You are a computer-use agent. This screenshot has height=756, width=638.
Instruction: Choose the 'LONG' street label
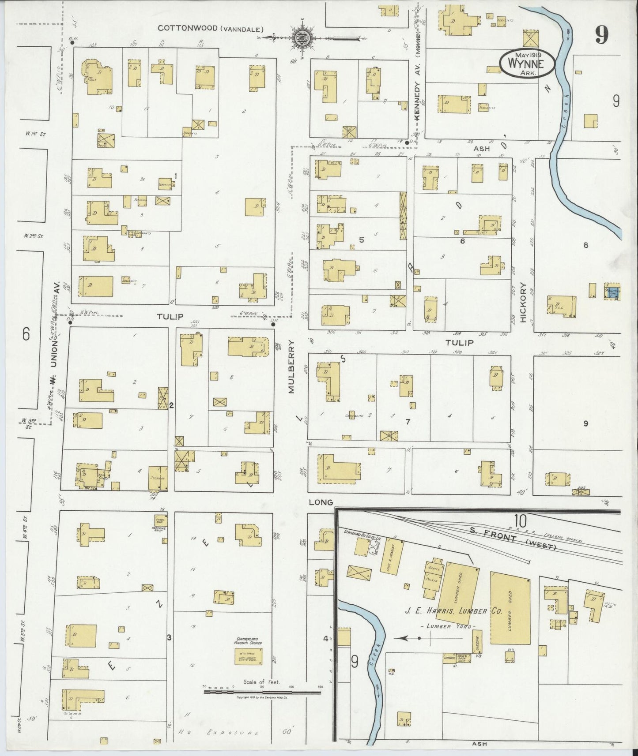[320, 502]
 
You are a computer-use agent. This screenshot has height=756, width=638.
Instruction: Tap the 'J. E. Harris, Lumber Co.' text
[451, 611]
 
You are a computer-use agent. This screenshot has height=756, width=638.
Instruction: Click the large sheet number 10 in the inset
[520, 521]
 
